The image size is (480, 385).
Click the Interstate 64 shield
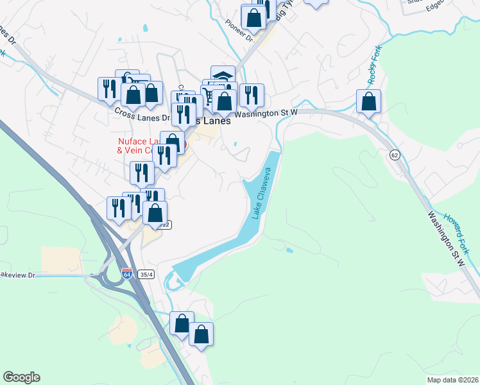pos(126,275)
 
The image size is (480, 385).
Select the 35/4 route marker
pos(147,274)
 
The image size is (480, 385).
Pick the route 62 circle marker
pos(393,155)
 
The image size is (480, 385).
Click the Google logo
pos(21,377)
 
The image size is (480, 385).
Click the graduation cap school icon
pos(223,76)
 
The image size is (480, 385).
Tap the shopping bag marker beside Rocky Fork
pos(369,101)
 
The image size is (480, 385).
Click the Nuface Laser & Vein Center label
pos(138,146)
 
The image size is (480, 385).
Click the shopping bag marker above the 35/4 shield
pos(155,213)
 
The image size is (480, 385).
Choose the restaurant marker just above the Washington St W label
pos(252,96)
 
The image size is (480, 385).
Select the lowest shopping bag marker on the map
pos(201,334)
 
